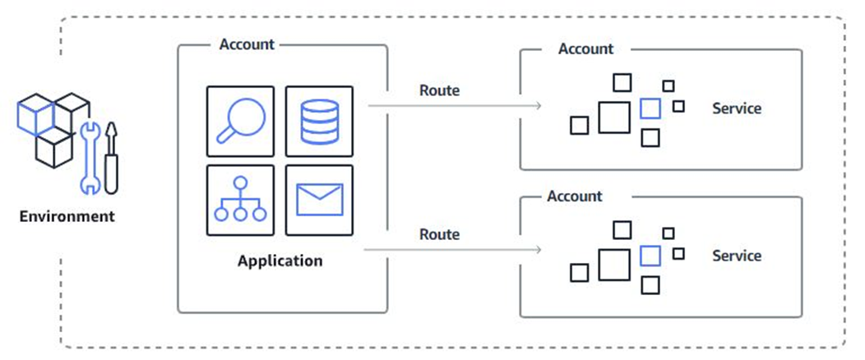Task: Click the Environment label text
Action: [x=67, y=218]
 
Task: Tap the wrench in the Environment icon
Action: [x=89, y=160]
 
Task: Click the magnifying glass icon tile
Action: [x=240, y=121]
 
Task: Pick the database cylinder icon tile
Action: [x=319, y=121]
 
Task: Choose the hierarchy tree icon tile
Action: [x=240, y=200]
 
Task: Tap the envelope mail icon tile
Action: [x=319, y=200]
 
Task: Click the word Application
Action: [x=280, y=261]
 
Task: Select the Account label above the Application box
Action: [x=247, y=44]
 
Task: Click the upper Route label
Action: [x=439, y=90]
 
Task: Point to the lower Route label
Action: [x=439, y=234]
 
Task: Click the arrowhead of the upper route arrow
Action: [x=538, y=106]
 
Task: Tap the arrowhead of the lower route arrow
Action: [x=538, y=250]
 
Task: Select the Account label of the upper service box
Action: [x=585, y=49]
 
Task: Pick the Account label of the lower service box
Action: [x=575, y=196]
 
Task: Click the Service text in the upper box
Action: [x=737, y=108]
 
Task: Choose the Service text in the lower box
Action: [x=737, y=256]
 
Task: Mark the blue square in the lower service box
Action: [x=650, y=256]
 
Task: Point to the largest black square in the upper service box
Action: [x=614, y=117]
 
